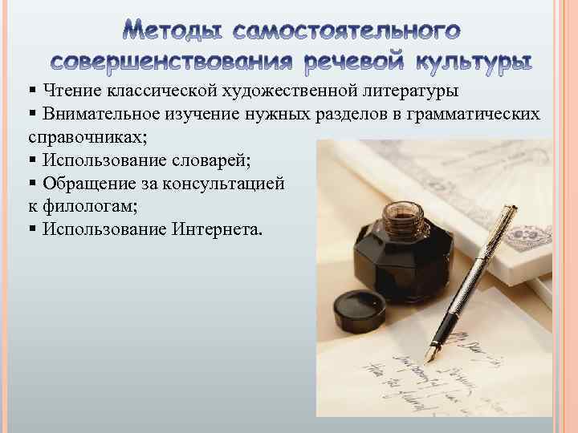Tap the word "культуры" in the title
tap(475, 62)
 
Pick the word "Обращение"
tap(85, 184)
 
